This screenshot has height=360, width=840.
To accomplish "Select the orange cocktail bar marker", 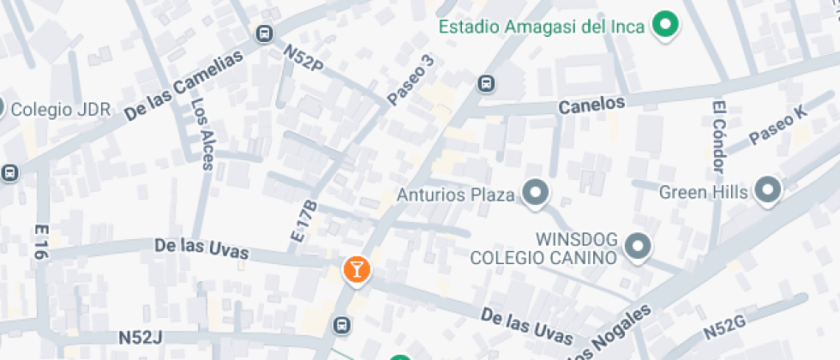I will pos(356,270).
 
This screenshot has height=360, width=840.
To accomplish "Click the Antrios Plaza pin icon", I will pos(537,194).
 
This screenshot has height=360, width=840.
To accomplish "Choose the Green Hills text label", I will pos(704,192).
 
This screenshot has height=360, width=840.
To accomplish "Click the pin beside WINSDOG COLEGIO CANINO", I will pos(637,248).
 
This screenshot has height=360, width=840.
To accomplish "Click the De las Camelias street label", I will pos(183,84).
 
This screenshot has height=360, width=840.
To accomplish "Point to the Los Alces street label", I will pos(202,133).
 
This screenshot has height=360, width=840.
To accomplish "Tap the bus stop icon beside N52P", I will pos(265,34).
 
